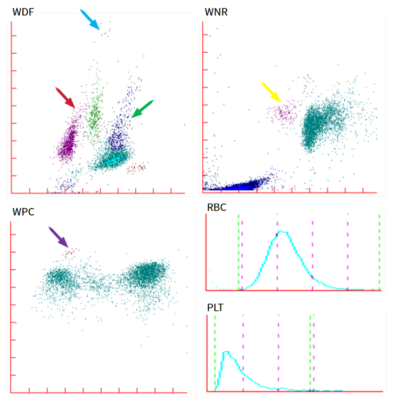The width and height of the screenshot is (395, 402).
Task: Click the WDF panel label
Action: (x=23, y=12)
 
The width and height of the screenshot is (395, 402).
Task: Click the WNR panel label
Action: (x=216, y=12)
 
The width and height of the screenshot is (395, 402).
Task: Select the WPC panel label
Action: (x=23, y=212)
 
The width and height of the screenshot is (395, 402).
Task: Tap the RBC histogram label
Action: (x=217, y=207)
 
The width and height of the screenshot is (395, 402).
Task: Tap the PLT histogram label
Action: (x=215, y=308)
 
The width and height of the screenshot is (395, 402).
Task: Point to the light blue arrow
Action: (x=89, y=20)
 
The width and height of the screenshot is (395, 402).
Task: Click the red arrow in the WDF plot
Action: (x=65, y=98)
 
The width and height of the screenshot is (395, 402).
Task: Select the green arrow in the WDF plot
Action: (x=143, y=109)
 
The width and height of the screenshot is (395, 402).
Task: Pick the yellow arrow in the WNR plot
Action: (x=271, y=92)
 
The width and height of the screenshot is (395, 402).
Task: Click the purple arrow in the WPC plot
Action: (x=59, y=237)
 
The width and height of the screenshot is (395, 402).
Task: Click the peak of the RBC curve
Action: (x=281, y=231)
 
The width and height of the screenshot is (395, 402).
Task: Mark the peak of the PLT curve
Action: (x=226, y=352)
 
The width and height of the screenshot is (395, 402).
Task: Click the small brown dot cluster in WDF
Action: (x=136, y=168)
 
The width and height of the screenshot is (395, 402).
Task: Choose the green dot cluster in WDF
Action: (x=94, y=113)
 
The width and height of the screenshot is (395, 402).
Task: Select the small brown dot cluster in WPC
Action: (x=70, y=253)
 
